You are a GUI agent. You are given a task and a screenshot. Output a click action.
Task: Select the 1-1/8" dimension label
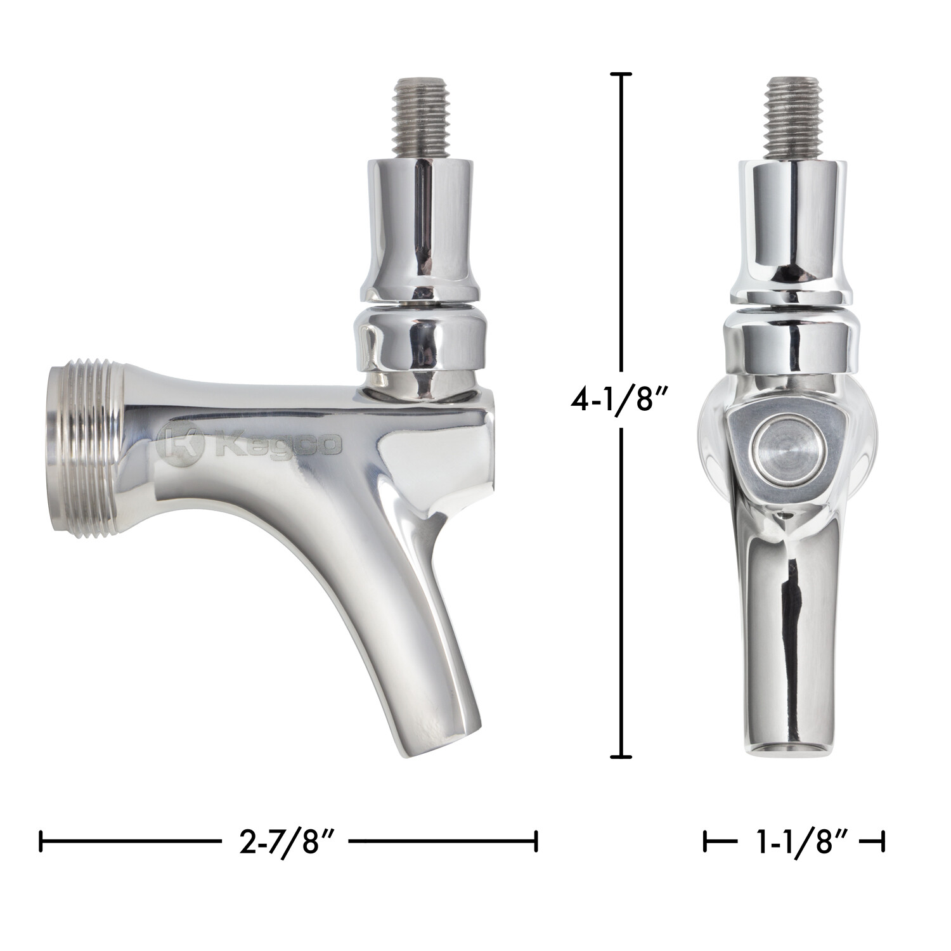coord(794,843)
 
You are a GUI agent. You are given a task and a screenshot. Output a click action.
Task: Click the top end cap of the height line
coord(621,75)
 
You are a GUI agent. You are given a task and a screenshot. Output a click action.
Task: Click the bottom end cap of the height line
coord(621,756)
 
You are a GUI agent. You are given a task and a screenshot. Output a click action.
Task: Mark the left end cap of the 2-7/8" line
coord(41,843)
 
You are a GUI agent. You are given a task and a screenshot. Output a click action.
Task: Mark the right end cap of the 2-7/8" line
coord(536,843)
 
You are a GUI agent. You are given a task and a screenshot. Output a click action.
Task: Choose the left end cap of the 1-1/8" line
coord(705,843)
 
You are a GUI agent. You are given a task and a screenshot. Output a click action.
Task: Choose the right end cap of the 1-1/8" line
coord(883,843)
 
